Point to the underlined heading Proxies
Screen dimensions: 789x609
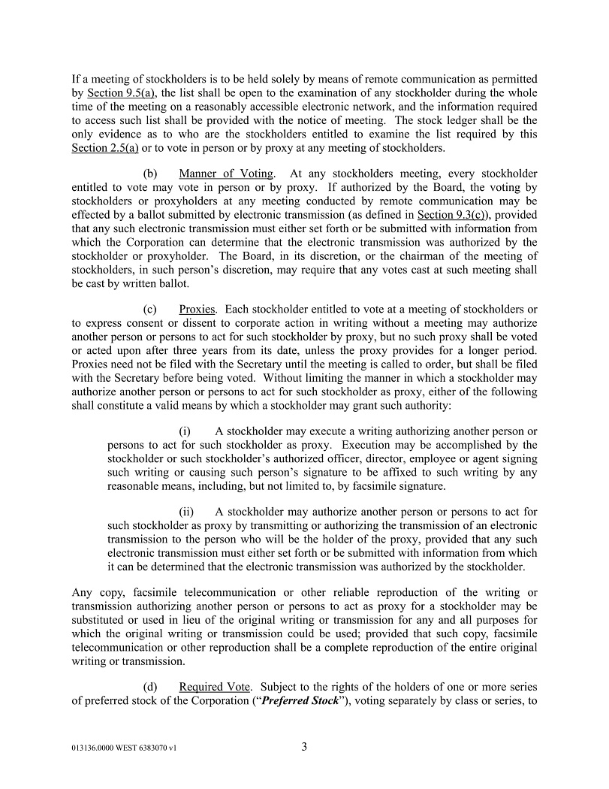(x=197, y=310)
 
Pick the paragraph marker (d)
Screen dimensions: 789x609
(x=151, y=688)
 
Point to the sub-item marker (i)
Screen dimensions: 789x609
(x=185, y=431)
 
